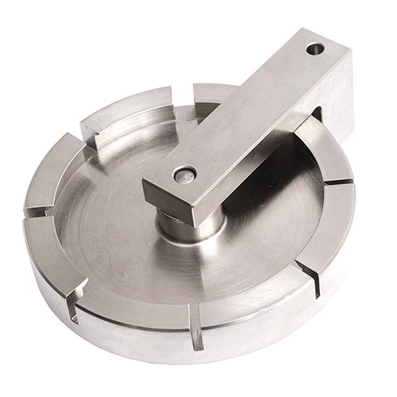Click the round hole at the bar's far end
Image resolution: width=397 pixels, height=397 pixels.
tap(315, 49)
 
